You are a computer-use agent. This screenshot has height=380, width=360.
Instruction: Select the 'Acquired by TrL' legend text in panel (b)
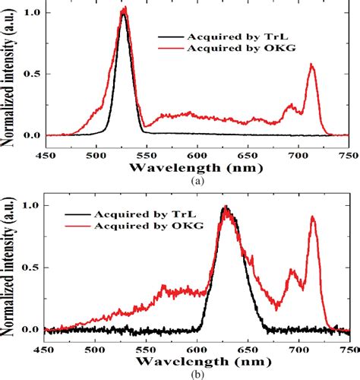pos(139,212)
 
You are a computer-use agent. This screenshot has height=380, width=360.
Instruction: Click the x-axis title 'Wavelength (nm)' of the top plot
pos(196,165)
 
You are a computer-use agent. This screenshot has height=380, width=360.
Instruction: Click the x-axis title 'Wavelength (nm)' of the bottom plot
pos(196,359)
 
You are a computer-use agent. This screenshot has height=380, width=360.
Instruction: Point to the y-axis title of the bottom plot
pos(11,270)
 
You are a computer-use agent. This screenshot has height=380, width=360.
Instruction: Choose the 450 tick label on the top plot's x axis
pos(45,152)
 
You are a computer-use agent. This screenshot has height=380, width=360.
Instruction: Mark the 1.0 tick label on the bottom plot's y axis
pos(30,206)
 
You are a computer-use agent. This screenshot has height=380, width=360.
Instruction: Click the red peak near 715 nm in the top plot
pos(312,65)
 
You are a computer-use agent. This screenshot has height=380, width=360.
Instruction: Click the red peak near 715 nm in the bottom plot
pos(312,217)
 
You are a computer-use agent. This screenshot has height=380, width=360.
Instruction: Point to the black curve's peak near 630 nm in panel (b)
pos(226,207)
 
